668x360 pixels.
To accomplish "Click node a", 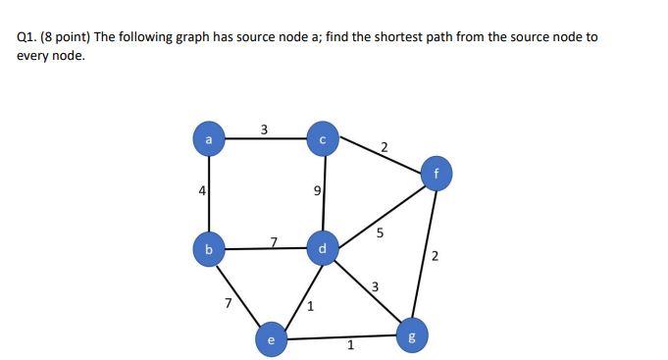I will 207,139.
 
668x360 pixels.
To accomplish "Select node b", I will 208,249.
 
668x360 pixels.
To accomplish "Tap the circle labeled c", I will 323,139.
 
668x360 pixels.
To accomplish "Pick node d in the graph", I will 323,248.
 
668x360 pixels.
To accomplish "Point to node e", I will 271,338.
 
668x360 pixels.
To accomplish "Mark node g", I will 412,336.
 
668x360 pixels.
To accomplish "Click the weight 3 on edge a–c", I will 263,129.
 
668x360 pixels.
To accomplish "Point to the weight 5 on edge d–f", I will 380,233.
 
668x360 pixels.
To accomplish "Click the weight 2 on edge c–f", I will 384,147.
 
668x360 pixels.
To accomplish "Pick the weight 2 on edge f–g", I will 435,257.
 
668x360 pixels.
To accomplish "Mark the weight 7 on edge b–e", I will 228,303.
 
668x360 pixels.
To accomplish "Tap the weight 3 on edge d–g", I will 375,286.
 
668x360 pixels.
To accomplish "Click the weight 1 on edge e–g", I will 350,344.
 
